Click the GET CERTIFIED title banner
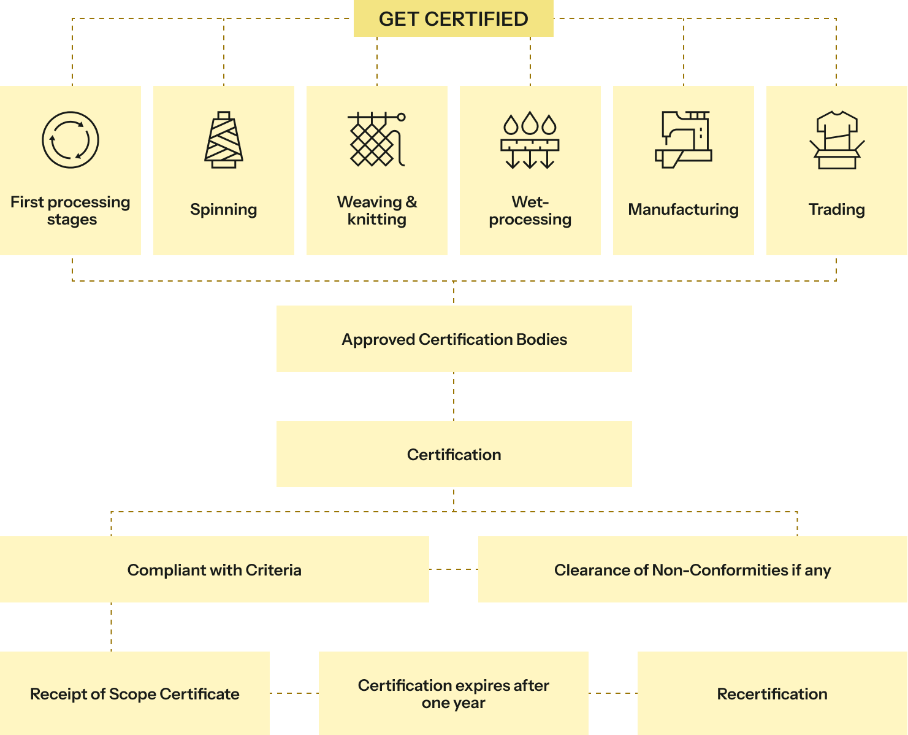point(453,18)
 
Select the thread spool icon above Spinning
point(223,140)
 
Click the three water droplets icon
point(530,140)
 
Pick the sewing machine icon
point(684,140)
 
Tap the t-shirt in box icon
point(837,140)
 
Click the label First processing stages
point(71,210)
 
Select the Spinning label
point(223,209)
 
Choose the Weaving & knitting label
point(377,210)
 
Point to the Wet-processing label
point(530,210)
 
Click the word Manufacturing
point(684,209)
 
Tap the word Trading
point(837,209)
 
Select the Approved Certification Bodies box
point(454,339)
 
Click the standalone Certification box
point(454,454)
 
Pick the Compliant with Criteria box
point(215,569)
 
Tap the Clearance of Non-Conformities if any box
point(693,569)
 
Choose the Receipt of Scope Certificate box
point(135,693)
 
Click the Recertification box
point(773,693)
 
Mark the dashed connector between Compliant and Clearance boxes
point(454,569)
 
